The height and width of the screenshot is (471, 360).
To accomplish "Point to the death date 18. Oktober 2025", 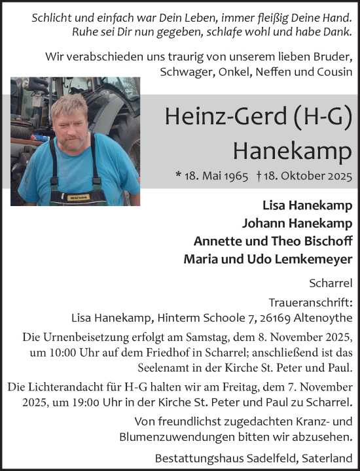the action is click(x=308, y=177).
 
